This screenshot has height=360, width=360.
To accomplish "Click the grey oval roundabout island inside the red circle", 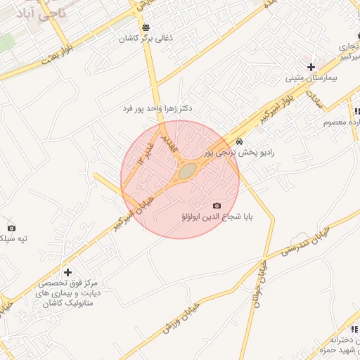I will pos(187,171).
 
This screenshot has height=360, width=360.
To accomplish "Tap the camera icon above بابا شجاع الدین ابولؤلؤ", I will pos(216,205).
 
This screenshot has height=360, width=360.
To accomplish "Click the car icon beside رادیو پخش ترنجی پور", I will pos(240,141).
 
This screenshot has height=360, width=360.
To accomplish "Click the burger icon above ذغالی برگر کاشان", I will pos(146,28).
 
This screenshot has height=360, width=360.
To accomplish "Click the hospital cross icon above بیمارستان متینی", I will pos(310,67).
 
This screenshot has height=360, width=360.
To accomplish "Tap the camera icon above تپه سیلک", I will pos(11,228).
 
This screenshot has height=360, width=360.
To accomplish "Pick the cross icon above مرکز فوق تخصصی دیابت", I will pos(67,271).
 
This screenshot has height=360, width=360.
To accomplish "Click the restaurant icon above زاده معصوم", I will pos(356,111).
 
